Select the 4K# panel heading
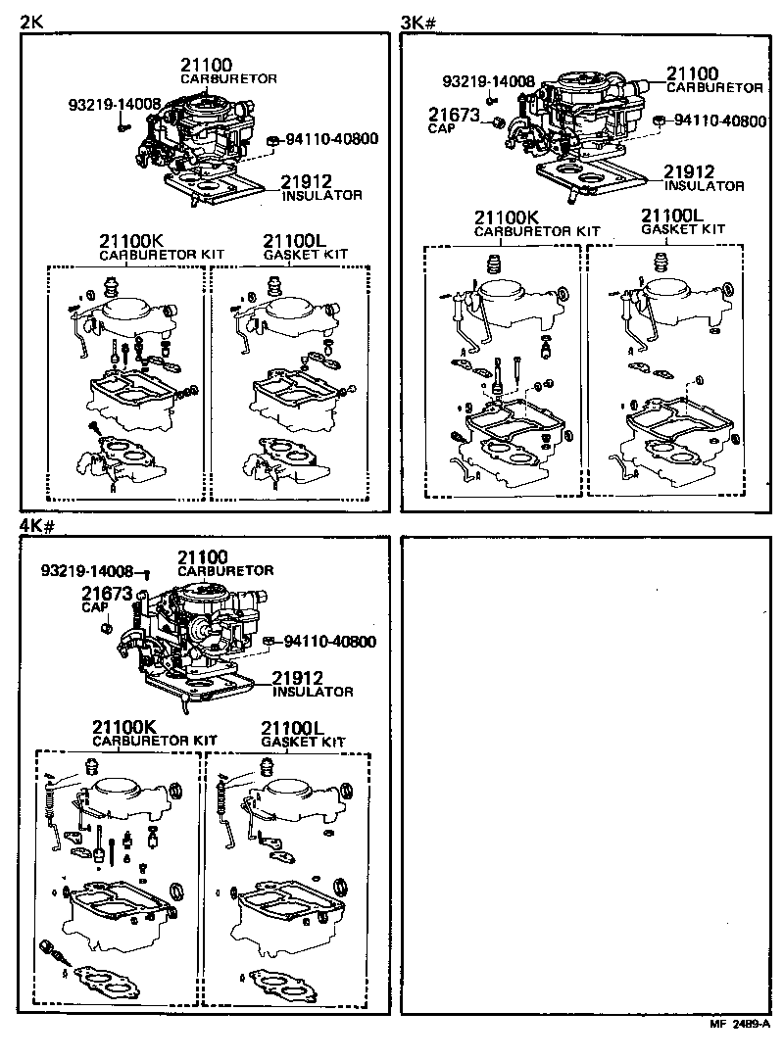tap(36, 526)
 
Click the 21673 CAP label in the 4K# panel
tap(106, 598)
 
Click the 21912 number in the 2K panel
tap(307, 182)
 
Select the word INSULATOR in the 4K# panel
tap(312, 692)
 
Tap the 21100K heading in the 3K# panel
tap(507, 217)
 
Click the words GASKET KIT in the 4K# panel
tap(303, 743)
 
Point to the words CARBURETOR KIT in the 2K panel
tap(162, 255)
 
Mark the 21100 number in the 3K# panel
tap(693, 73)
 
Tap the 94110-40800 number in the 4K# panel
tap(329, 643)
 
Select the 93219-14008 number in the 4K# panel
tap(87, 570)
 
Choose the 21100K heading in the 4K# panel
tap(124, 727)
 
